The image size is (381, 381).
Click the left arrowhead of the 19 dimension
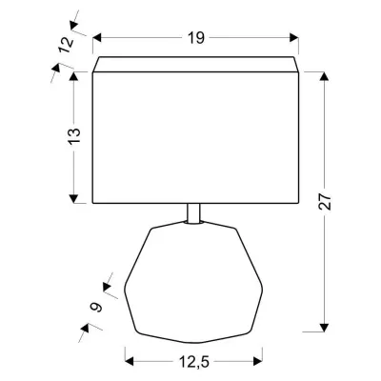pyautogui.click(x=97, y=39)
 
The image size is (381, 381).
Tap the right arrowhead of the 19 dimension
pyautogui.click(x=297, y=39)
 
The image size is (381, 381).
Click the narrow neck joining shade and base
pyautogui.click(x=194, y=214)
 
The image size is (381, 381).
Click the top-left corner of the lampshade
pyautogui.click(x=93, y=57)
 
